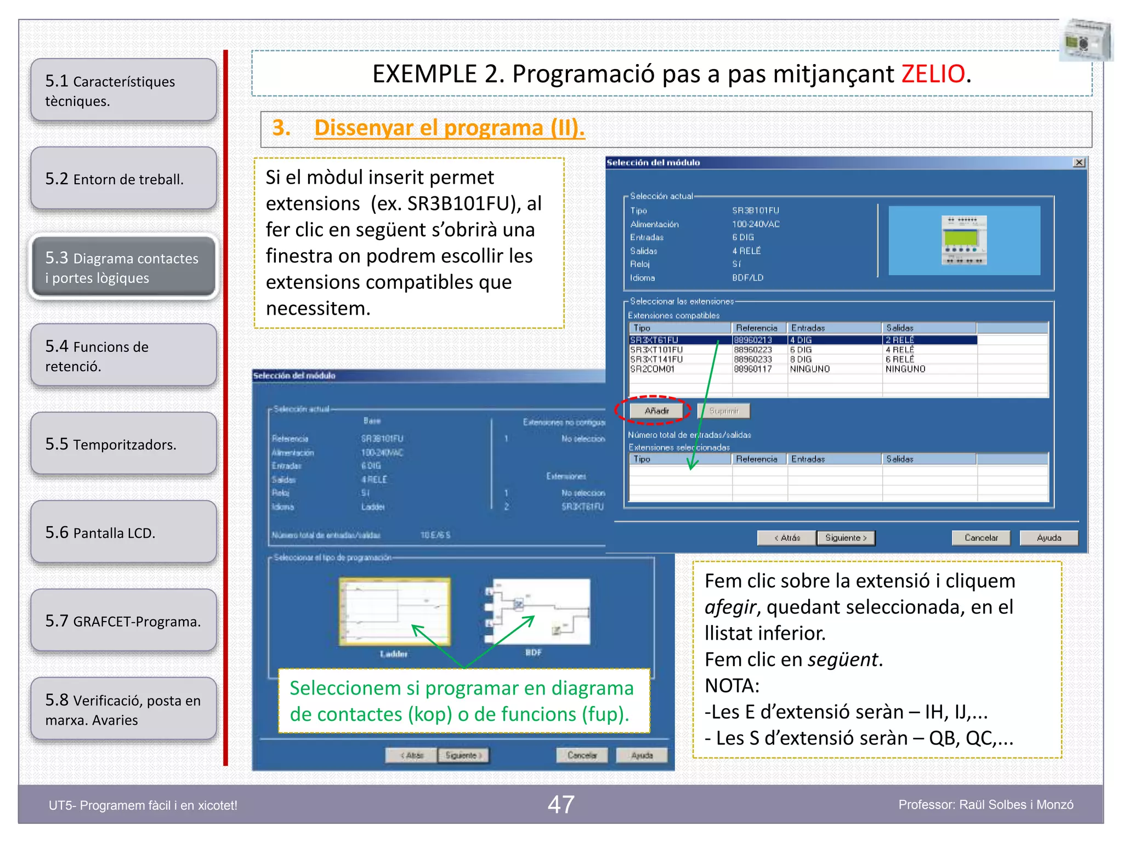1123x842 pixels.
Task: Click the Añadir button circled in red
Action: [657, 411]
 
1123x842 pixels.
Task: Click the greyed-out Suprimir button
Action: [724, 411]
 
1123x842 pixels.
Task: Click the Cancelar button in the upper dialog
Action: [981, 538]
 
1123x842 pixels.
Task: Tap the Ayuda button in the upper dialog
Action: [1048, 538]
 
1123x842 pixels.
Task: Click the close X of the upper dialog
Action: [1079, 163]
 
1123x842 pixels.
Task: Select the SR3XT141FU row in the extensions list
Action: [657, 360]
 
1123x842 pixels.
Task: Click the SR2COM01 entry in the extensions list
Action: [653, 369]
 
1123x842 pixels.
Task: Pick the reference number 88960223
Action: [753, 350]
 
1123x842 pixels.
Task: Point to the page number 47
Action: [561, 805]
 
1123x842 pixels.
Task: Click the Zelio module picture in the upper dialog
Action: [964, 240]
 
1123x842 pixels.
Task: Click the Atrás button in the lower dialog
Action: [412, 755]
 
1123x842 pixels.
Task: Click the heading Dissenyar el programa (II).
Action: [449, 128]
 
